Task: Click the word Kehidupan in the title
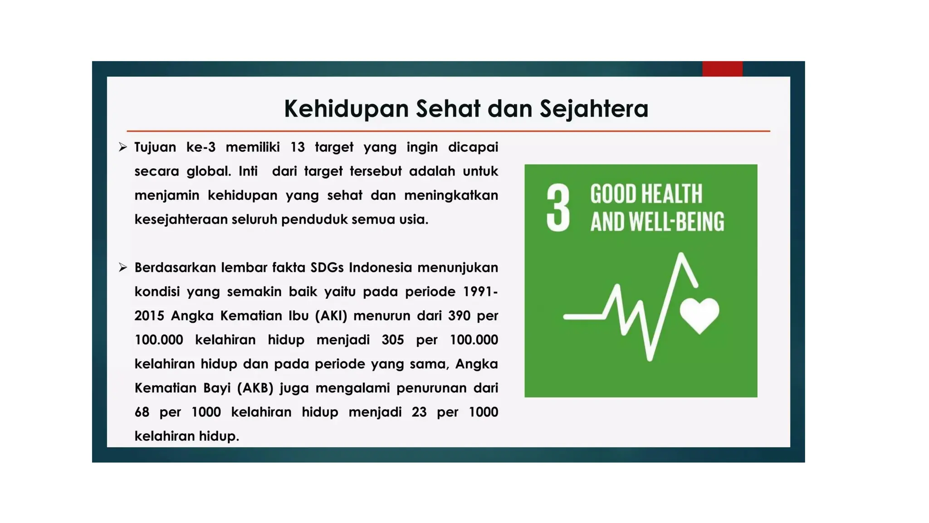pos(346,109)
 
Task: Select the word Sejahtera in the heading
pos(594,109)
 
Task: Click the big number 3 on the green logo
pos(558,208)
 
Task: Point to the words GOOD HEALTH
pos(646,194)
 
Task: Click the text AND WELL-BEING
pos(657,222)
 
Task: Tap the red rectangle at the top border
pos(722,69)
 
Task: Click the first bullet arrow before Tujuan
pos(122,147)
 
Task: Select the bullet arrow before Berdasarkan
pos(122,267)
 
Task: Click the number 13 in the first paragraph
pos(298,147)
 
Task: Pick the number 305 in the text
pos(392,340)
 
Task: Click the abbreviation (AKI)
pos(331,316)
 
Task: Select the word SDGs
pos(327,267)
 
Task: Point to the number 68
pos(142,412)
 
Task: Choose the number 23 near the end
pos(419,412)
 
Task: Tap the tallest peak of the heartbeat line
pos(681,255)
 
